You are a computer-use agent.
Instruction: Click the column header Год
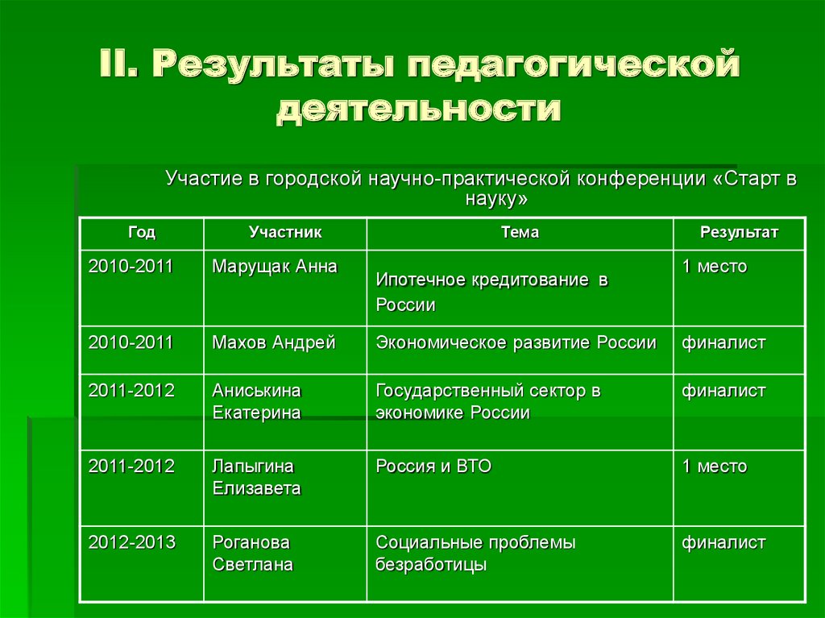click(141, 233)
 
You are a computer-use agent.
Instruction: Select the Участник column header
click(285, 233)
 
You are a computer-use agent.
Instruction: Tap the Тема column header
click(520, 233)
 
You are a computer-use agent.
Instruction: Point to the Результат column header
click(739, 233)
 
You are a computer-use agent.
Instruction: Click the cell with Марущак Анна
click(275, 267)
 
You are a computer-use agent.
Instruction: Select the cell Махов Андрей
click(274, 343)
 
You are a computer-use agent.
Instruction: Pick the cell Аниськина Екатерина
click(257, 402)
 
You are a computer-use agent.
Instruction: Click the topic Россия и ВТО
click(433, 467)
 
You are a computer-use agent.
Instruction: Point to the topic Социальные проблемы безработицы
click(475, 554)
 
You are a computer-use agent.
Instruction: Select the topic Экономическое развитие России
click(516, 343)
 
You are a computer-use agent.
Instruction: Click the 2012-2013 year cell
click(132, 542)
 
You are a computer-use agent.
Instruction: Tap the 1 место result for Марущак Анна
click(715, 267)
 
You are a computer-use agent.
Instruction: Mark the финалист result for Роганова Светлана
click(723, 542)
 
